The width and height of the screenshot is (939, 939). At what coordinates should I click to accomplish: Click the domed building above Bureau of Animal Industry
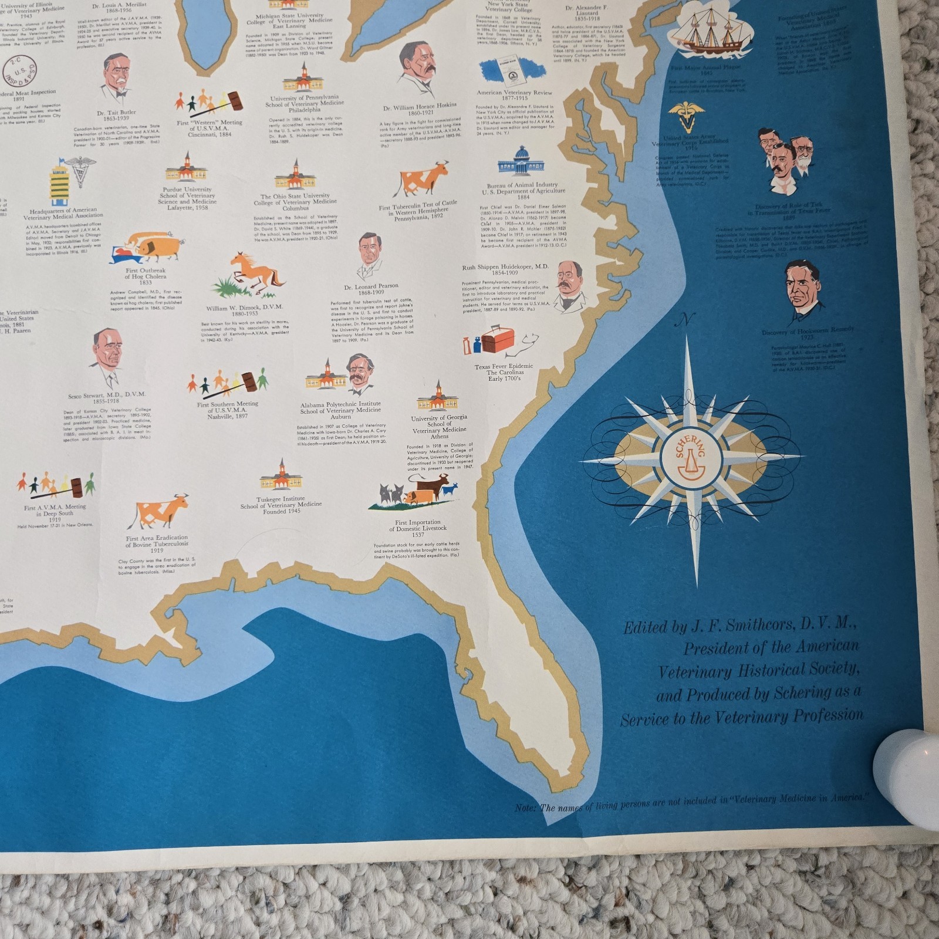point(521,163)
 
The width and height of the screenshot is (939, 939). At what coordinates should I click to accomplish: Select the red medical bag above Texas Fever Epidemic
point(498,342)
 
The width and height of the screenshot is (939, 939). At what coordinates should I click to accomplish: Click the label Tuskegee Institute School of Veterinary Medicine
point(281,505)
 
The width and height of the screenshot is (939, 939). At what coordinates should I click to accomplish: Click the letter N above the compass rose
point(684,320)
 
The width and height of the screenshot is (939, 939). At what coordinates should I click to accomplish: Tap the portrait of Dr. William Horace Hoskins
point(417,70)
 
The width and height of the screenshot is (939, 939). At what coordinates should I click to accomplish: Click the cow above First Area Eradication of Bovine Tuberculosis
point(161,511)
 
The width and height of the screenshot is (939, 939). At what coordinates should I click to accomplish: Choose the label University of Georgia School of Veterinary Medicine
point(439,427)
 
